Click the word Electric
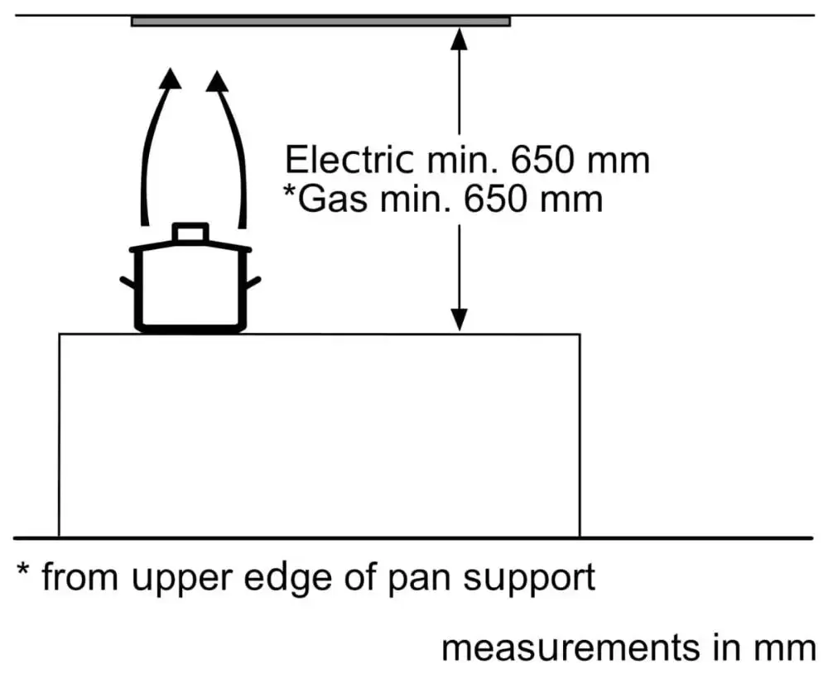point(349,160)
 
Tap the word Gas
point(331,200)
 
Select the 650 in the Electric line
point(540,160)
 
